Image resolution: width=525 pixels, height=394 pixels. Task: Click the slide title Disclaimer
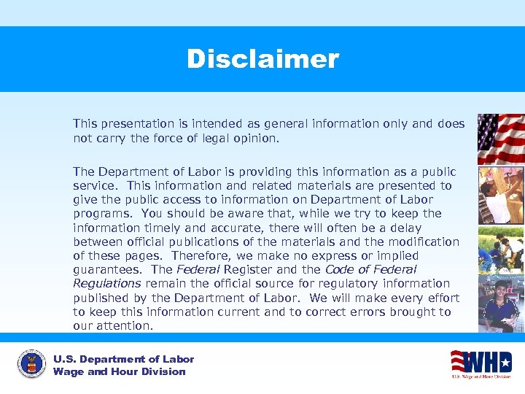[262, 59]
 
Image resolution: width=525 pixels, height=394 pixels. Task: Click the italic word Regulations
[106, 283]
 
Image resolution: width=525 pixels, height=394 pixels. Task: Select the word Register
[253, 269]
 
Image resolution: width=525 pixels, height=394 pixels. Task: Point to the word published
[101, 298]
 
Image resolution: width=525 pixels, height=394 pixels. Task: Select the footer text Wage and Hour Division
[119, 371]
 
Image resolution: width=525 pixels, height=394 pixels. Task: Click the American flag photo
[500, 139]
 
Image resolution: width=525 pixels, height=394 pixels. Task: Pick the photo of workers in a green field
[500, 250]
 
